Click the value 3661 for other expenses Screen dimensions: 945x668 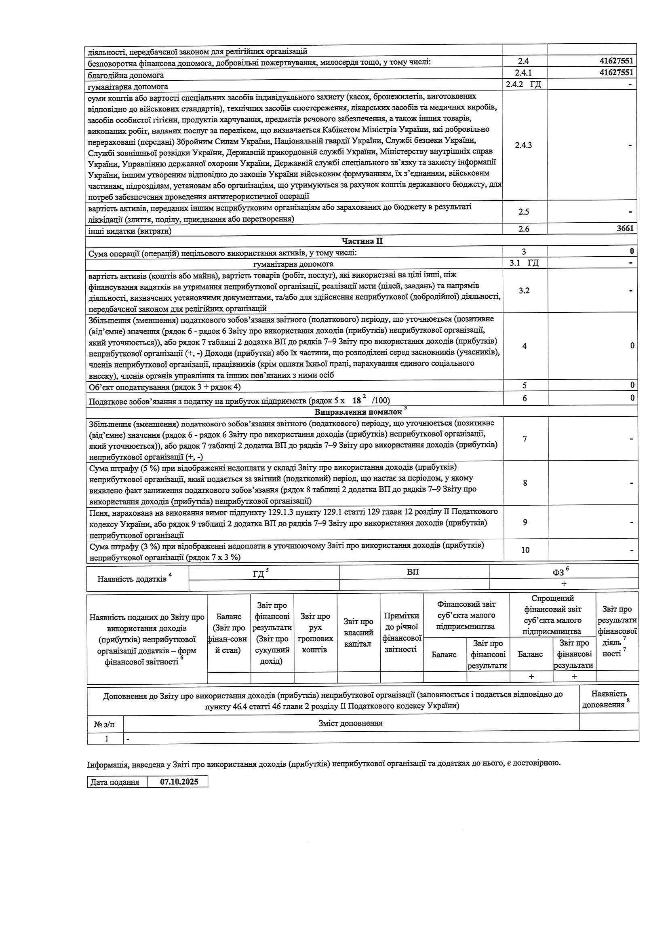pos(625,228)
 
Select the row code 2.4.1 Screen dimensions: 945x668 pos(524,73)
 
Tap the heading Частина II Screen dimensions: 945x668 pos(362,241)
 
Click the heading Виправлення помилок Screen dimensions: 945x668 pos(358,411)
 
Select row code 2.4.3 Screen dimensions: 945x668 pos(524,145)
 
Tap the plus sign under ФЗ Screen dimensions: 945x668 pos(563,584)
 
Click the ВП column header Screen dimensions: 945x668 pos(413,572)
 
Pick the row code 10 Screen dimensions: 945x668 pos(525,550)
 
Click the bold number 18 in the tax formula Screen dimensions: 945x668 pos(356,400)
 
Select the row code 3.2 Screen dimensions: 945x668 pos(524,291)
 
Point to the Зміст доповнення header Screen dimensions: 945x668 pos(350,723)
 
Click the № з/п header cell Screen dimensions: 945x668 pos(105,723)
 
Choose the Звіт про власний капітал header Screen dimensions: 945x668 pos(358,633)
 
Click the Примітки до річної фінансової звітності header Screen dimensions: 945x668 pos(401,632)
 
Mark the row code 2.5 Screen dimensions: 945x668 pos(524,212)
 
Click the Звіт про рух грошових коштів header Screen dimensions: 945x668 pos(315,633)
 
